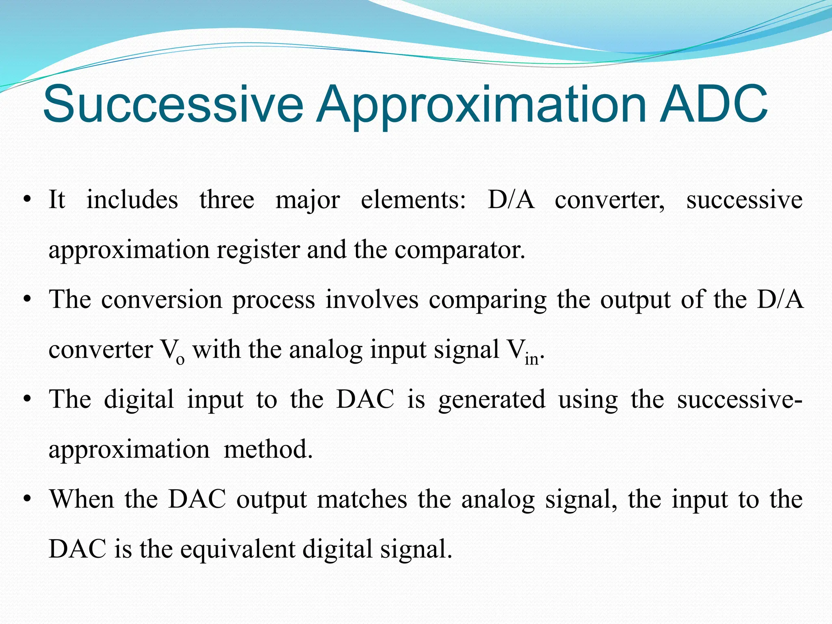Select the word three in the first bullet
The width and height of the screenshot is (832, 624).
(227, 200)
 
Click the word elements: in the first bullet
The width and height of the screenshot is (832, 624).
(413, 200)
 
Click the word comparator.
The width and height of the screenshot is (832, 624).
(459, 251)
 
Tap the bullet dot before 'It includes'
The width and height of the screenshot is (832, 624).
(27, 200)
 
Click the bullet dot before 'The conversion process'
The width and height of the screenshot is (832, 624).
(27, 300)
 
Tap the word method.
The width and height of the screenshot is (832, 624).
(268, 450)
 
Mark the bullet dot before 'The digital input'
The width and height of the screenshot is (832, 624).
(27, 400)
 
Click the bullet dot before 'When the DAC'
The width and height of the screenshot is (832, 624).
(27, 500)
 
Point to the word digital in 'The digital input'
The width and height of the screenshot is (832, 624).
(139, 400)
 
